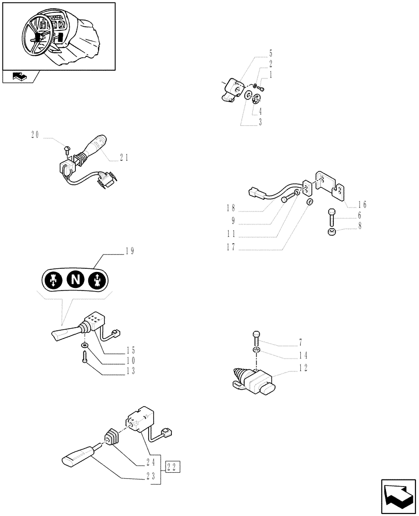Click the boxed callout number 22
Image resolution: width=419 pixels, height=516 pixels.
coord(173,467)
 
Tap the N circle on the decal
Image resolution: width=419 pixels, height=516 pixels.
coord(76,280)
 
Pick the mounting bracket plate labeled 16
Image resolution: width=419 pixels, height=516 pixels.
coord(330,184)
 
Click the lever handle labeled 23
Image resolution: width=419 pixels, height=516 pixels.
coord(77,457)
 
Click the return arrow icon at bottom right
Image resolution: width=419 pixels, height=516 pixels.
coord(398,495)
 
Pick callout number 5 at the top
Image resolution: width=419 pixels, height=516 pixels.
coord(270,53)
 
